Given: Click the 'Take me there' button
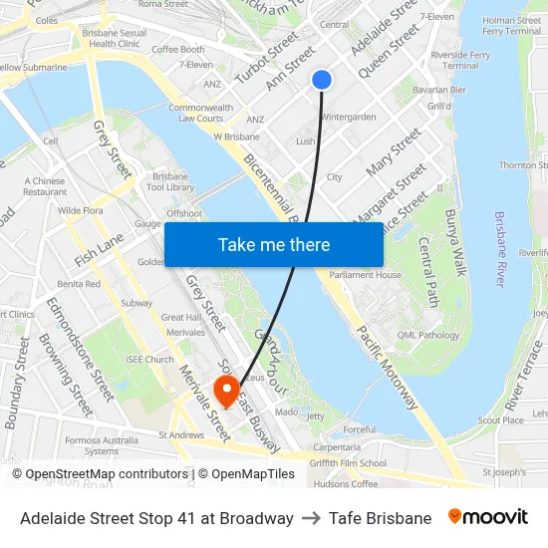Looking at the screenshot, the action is click(x=274, y=244).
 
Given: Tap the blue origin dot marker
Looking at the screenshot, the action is click(x=321, y=80).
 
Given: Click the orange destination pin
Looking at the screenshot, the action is click(x=227, y=390).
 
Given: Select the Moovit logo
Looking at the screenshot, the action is click(x=487, y=517).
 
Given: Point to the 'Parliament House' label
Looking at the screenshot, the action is click(x=366, y=275).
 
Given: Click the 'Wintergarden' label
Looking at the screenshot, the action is click(x=349, y=117).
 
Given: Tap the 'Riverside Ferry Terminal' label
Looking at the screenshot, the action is click(x=459, y=60).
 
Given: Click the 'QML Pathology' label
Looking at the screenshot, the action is click(x=429, y=336).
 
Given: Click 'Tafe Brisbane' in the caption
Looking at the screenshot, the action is click(x=380, y=518).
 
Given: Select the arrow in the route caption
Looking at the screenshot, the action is click(x=311, y=518).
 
